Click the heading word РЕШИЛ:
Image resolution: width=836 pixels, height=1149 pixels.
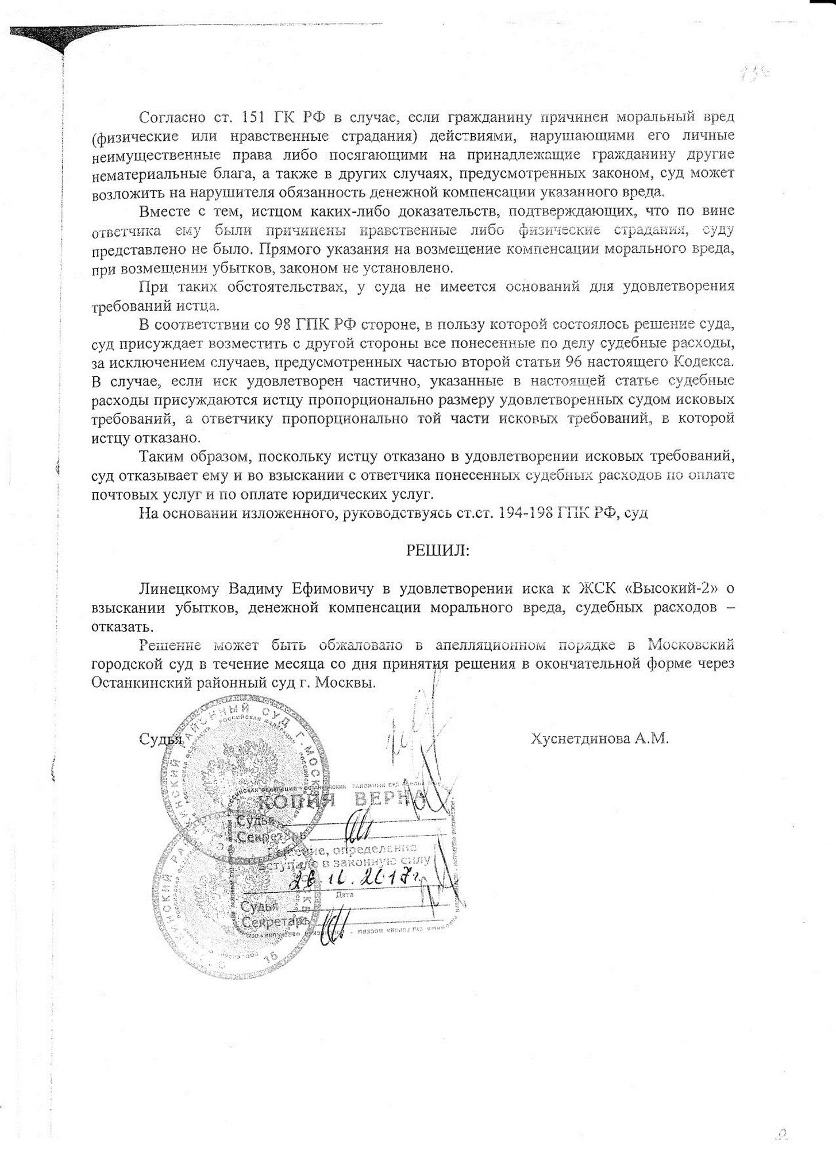pos(438,551)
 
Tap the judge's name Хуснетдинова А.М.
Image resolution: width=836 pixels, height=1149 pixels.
pos(600,739)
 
